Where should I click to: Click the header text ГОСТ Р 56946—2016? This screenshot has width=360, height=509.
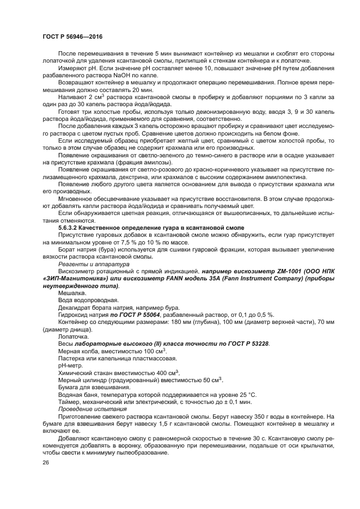[x=72, y=36]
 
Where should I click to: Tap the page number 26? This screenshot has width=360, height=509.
[x=46, y=462]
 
